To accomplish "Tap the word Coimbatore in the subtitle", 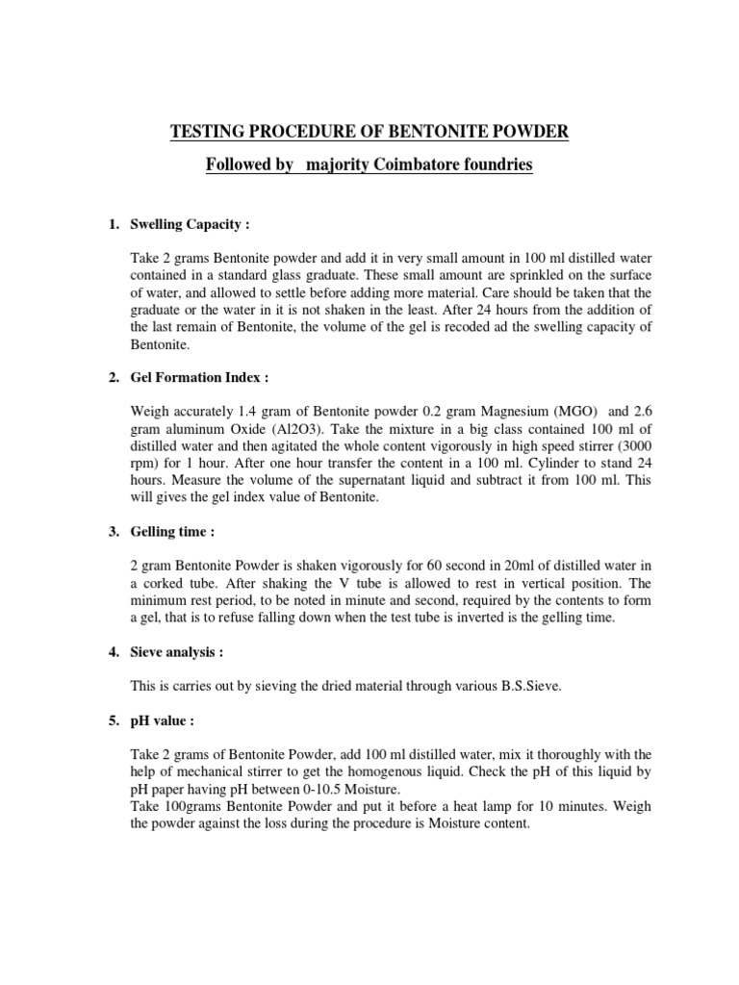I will (x=420, y=165).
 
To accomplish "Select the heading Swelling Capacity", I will (x=190, y=225).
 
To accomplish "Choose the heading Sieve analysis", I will (x=176, y=652).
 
